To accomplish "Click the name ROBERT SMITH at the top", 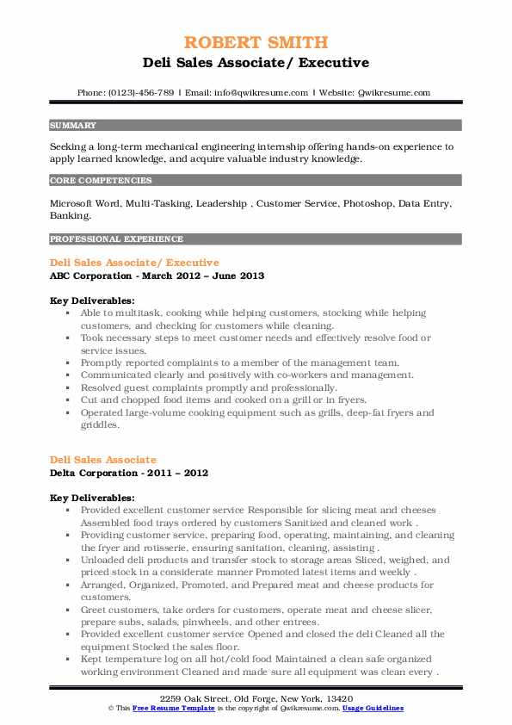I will tap(256, 43).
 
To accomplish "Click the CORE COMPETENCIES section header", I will tap(89, 181).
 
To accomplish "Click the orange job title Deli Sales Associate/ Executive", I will tap(134, 262).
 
